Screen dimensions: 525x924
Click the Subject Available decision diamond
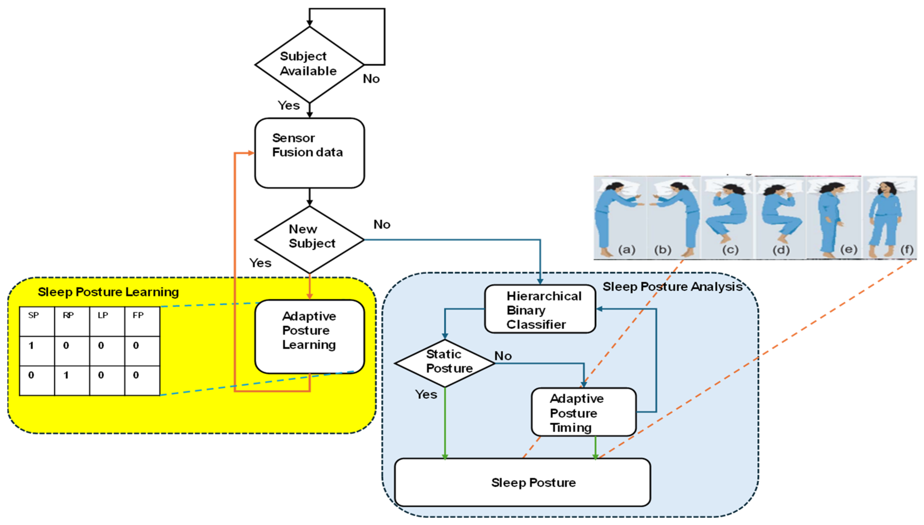point(309,64)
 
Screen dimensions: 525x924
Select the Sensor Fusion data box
point(309,153)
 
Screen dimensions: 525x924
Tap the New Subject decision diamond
point(309,240)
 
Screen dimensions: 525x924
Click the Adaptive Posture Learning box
point(309,336)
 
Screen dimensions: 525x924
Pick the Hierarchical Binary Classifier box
point(540,309)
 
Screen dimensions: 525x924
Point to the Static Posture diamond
point(445,363)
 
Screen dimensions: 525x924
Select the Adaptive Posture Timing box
point(583,412)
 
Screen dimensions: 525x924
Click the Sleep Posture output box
point(523,482)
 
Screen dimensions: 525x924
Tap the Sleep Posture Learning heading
point(108,292)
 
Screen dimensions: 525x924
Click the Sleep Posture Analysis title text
point(672,287)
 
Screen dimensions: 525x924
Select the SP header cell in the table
point(37,321)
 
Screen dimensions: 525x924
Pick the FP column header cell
point(142,321)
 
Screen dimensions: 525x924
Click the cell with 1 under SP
point(37,351)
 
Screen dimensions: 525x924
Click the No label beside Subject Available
point(371,79)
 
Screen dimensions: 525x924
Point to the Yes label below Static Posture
point(426,394)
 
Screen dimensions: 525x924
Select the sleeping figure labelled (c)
point(726,216)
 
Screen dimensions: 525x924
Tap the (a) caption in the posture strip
point(626,250)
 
